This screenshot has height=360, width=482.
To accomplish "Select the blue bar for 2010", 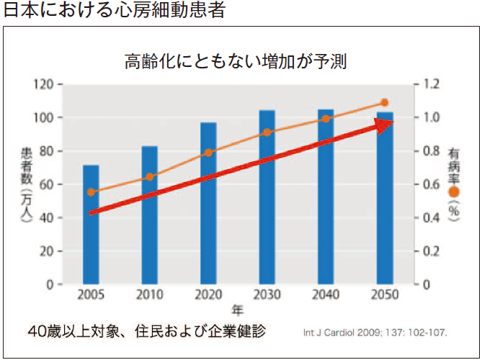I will pyautogui.click(x=149, y=215).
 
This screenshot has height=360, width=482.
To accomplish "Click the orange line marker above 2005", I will pyautogui.click(x=91, y=192).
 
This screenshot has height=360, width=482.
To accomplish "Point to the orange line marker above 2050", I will pyautogui.click(x=384, y=103).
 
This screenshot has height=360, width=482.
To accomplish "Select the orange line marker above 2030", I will pyautogui.click(x=267, y=132).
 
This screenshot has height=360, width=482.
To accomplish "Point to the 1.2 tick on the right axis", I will pyautogui.click(x=432, y=84).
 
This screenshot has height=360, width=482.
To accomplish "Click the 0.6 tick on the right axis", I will pyautogui.click(x=432, y=184).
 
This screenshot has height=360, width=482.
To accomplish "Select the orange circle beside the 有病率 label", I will pyautogui.click(x=454, y=192).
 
